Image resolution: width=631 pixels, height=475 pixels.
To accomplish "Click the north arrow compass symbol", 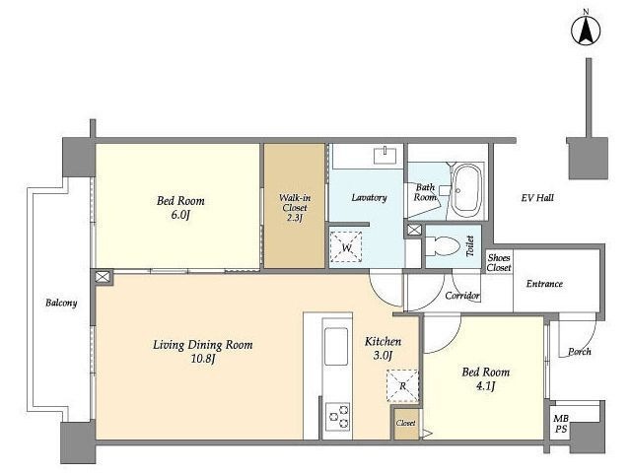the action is point(586,31).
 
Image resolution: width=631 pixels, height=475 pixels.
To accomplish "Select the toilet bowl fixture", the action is point(443,246).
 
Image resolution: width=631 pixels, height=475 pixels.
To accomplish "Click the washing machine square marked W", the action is point(346,247).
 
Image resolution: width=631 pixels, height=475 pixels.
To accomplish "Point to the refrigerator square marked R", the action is point(402,385).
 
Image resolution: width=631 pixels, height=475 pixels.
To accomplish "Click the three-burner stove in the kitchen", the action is point(337,416).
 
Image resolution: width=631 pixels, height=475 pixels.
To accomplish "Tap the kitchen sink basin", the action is point(336,346).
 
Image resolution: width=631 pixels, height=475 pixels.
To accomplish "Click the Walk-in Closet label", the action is point(295,208).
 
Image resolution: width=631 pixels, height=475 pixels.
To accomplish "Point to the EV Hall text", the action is point(537,197).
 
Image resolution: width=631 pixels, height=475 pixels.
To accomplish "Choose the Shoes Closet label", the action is point(499,262).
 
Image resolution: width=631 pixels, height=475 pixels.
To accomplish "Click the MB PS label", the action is point(561,424).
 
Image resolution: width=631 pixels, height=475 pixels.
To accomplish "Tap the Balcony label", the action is point(61,303).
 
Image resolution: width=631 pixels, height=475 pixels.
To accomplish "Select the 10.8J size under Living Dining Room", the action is point(204,359).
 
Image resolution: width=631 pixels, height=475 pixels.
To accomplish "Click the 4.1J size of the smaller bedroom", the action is point(485,386).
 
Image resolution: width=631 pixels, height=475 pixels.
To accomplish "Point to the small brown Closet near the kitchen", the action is point(405,424).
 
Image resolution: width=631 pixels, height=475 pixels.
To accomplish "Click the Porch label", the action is point(580,352).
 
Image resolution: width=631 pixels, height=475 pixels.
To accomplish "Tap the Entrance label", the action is point(544,284).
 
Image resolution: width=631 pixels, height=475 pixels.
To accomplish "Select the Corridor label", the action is point(462,296).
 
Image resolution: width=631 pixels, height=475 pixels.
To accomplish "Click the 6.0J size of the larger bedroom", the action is point(180,215).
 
